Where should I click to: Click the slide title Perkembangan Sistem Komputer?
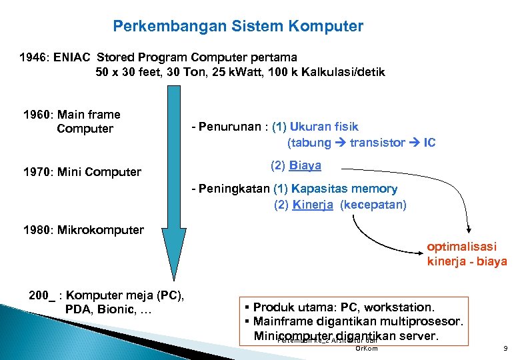(x=238, y=27)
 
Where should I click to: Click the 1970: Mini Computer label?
(x=82, y=172)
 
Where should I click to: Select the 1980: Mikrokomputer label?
(x=83, y=230)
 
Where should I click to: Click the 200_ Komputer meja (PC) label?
(x=107, y=295)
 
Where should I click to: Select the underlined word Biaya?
(x=305, y=165)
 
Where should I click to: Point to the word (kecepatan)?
(x=373, y=205)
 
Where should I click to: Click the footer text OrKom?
(x=367, y=348)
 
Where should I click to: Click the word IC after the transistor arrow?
(x=429, y=143)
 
